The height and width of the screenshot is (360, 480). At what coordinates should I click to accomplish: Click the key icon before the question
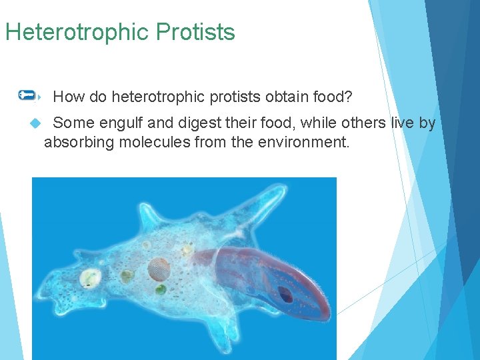tap(28, 95)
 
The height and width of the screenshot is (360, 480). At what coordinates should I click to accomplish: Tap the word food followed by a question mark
tap(333, 97)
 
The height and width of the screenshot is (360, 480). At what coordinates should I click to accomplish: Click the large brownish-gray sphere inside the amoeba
tap(159, 269)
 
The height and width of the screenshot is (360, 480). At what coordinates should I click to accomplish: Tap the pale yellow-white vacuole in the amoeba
tap(89, 277)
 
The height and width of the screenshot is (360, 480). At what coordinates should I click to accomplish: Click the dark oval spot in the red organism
tap(285, 293)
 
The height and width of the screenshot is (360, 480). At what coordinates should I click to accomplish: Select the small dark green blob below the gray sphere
tap(161, 290)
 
